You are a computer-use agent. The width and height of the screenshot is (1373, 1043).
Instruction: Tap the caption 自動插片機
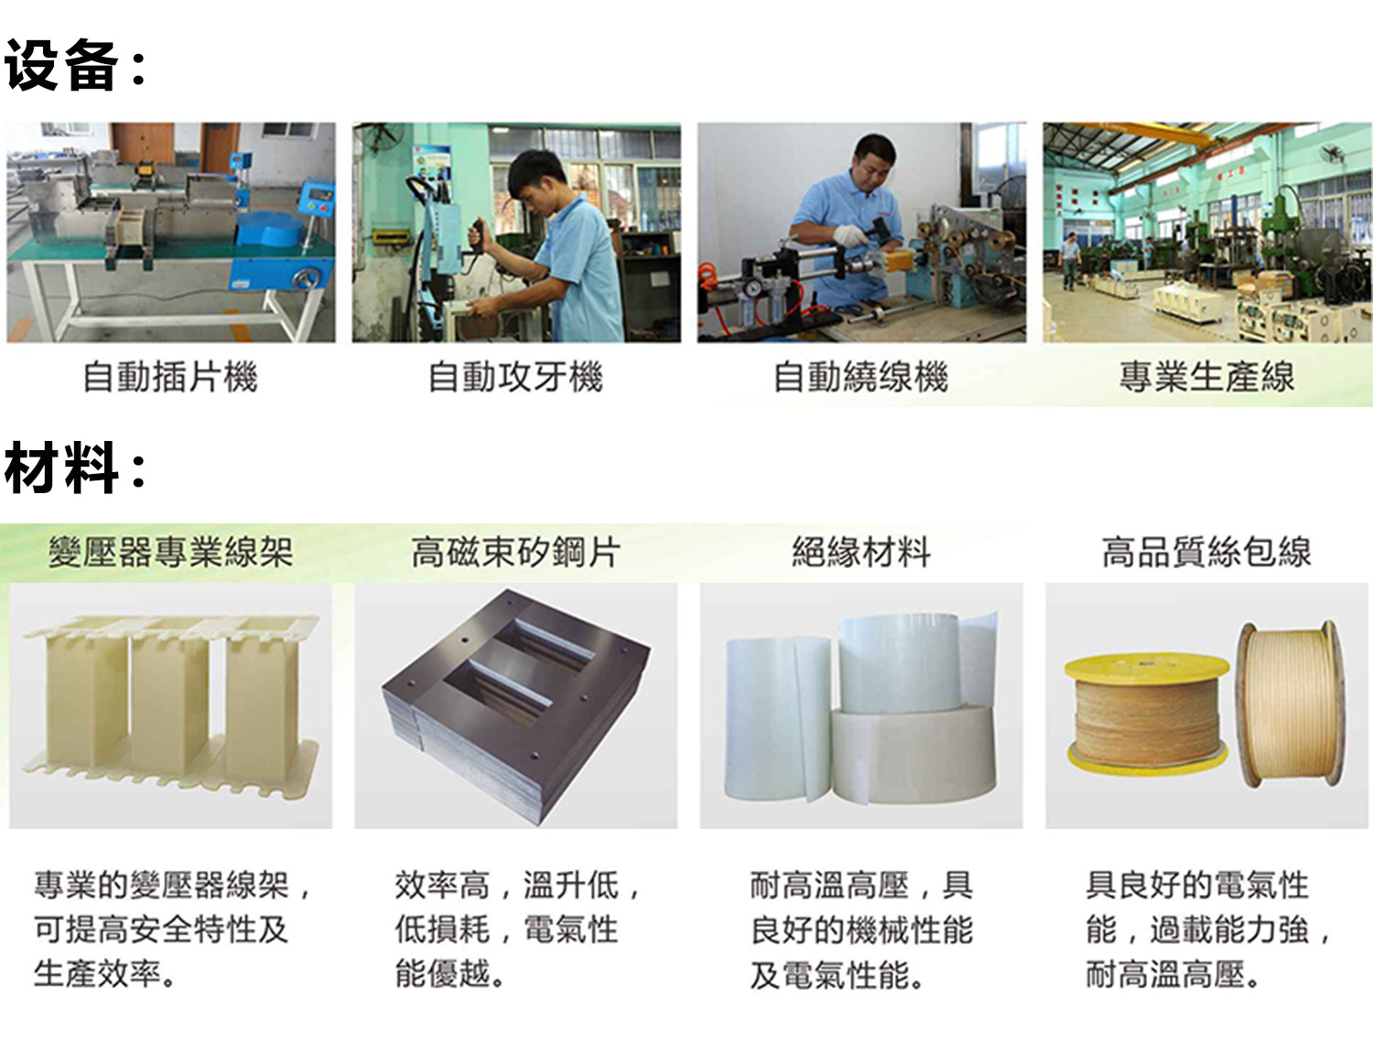[x=171, y=377]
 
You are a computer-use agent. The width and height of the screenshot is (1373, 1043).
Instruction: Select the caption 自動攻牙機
[x=516, y=377]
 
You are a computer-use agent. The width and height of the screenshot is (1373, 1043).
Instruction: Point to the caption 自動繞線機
[x=861, y=377]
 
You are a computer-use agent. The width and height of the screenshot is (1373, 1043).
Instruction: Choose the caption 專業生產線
[x=1206, y=377]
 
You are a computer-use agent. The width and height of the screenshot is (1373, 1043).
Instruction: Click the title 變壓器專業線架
[x=171, y=553]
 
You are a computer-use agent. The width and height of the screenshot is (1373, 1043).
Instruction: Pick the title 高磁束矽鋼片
[x=516, y=553]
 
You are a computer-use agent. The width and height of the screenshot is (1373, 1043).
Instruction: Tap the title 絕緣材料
[x=861, y=553]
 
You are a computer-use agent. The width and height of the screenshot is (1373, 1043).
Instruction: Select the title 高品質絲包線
[x=1206, y=553]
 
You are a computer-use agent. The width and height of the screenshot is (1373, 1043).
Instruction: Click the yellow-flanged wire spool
[x=1147, y=714]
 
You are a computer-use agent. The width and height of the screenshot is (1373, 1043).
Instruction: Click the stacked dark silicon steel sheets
[x=516, y=706]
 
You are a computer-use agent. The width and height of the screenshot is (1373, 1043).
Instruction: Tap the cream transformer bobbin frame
[x=170, y=704]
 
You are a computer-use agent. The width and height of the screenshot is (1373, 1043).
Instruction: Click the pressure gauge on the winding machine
[x=752, y=287]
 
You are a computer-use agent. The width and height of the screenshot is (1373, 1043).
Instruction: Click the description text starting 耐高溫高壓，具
[x=862, y=930]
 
